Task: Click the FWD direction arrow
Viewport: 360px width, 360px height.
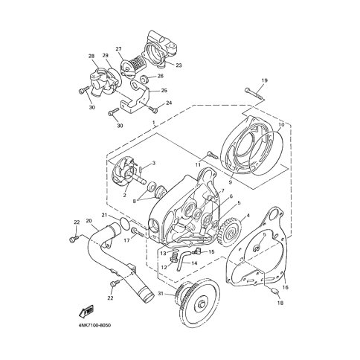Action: pos(86,311)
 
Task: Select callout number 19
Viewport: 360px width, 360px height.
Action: pos(264,80)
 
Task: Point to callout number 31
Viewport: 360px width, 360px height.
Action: pos(161,294)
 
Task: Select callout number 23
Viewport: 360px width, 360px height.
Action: pos(179,65)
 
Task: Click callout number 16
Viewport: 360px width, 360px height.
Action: pos(286,287)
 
